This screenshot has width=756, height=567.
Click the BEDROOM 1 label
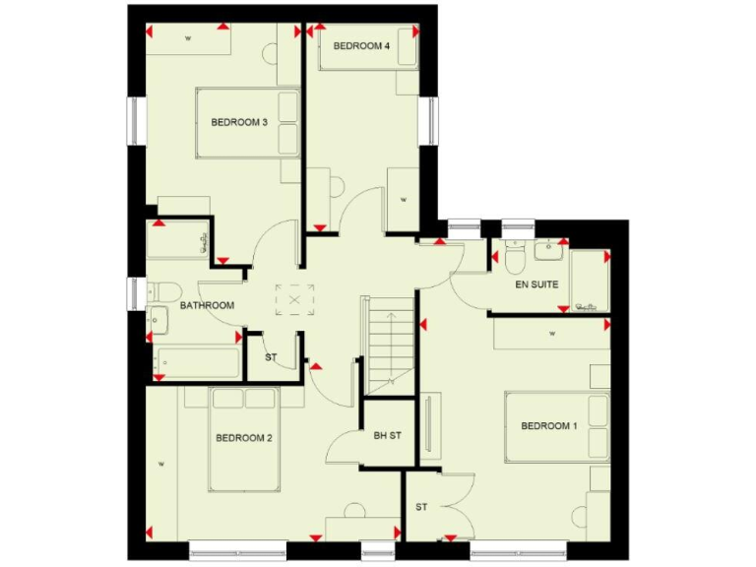548,426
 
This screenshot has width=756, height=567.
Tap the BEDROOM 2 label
243,438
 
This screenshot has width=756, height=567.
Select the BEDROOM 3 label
239,123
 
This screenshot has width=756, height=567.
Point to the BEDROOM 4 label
361,46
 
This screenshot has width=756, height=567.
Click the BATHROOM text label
207,306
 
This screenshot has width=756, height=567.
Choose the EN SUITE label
536,284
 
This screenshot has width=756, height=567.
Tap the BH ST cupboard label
387,435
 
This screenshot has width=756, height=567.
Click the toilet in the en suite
513,258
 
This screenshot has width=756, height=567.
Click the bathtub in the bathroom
197,362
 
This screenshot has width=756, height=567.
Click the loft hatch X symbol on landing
294,297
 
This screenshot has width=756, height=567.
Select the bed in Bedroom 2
244,438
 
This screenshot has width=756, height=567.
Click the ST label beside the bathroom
271,356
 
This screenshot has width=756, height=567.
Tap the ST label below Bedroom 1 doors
421,507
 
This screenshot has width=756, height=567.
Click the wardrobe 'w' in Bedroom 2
158,462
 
